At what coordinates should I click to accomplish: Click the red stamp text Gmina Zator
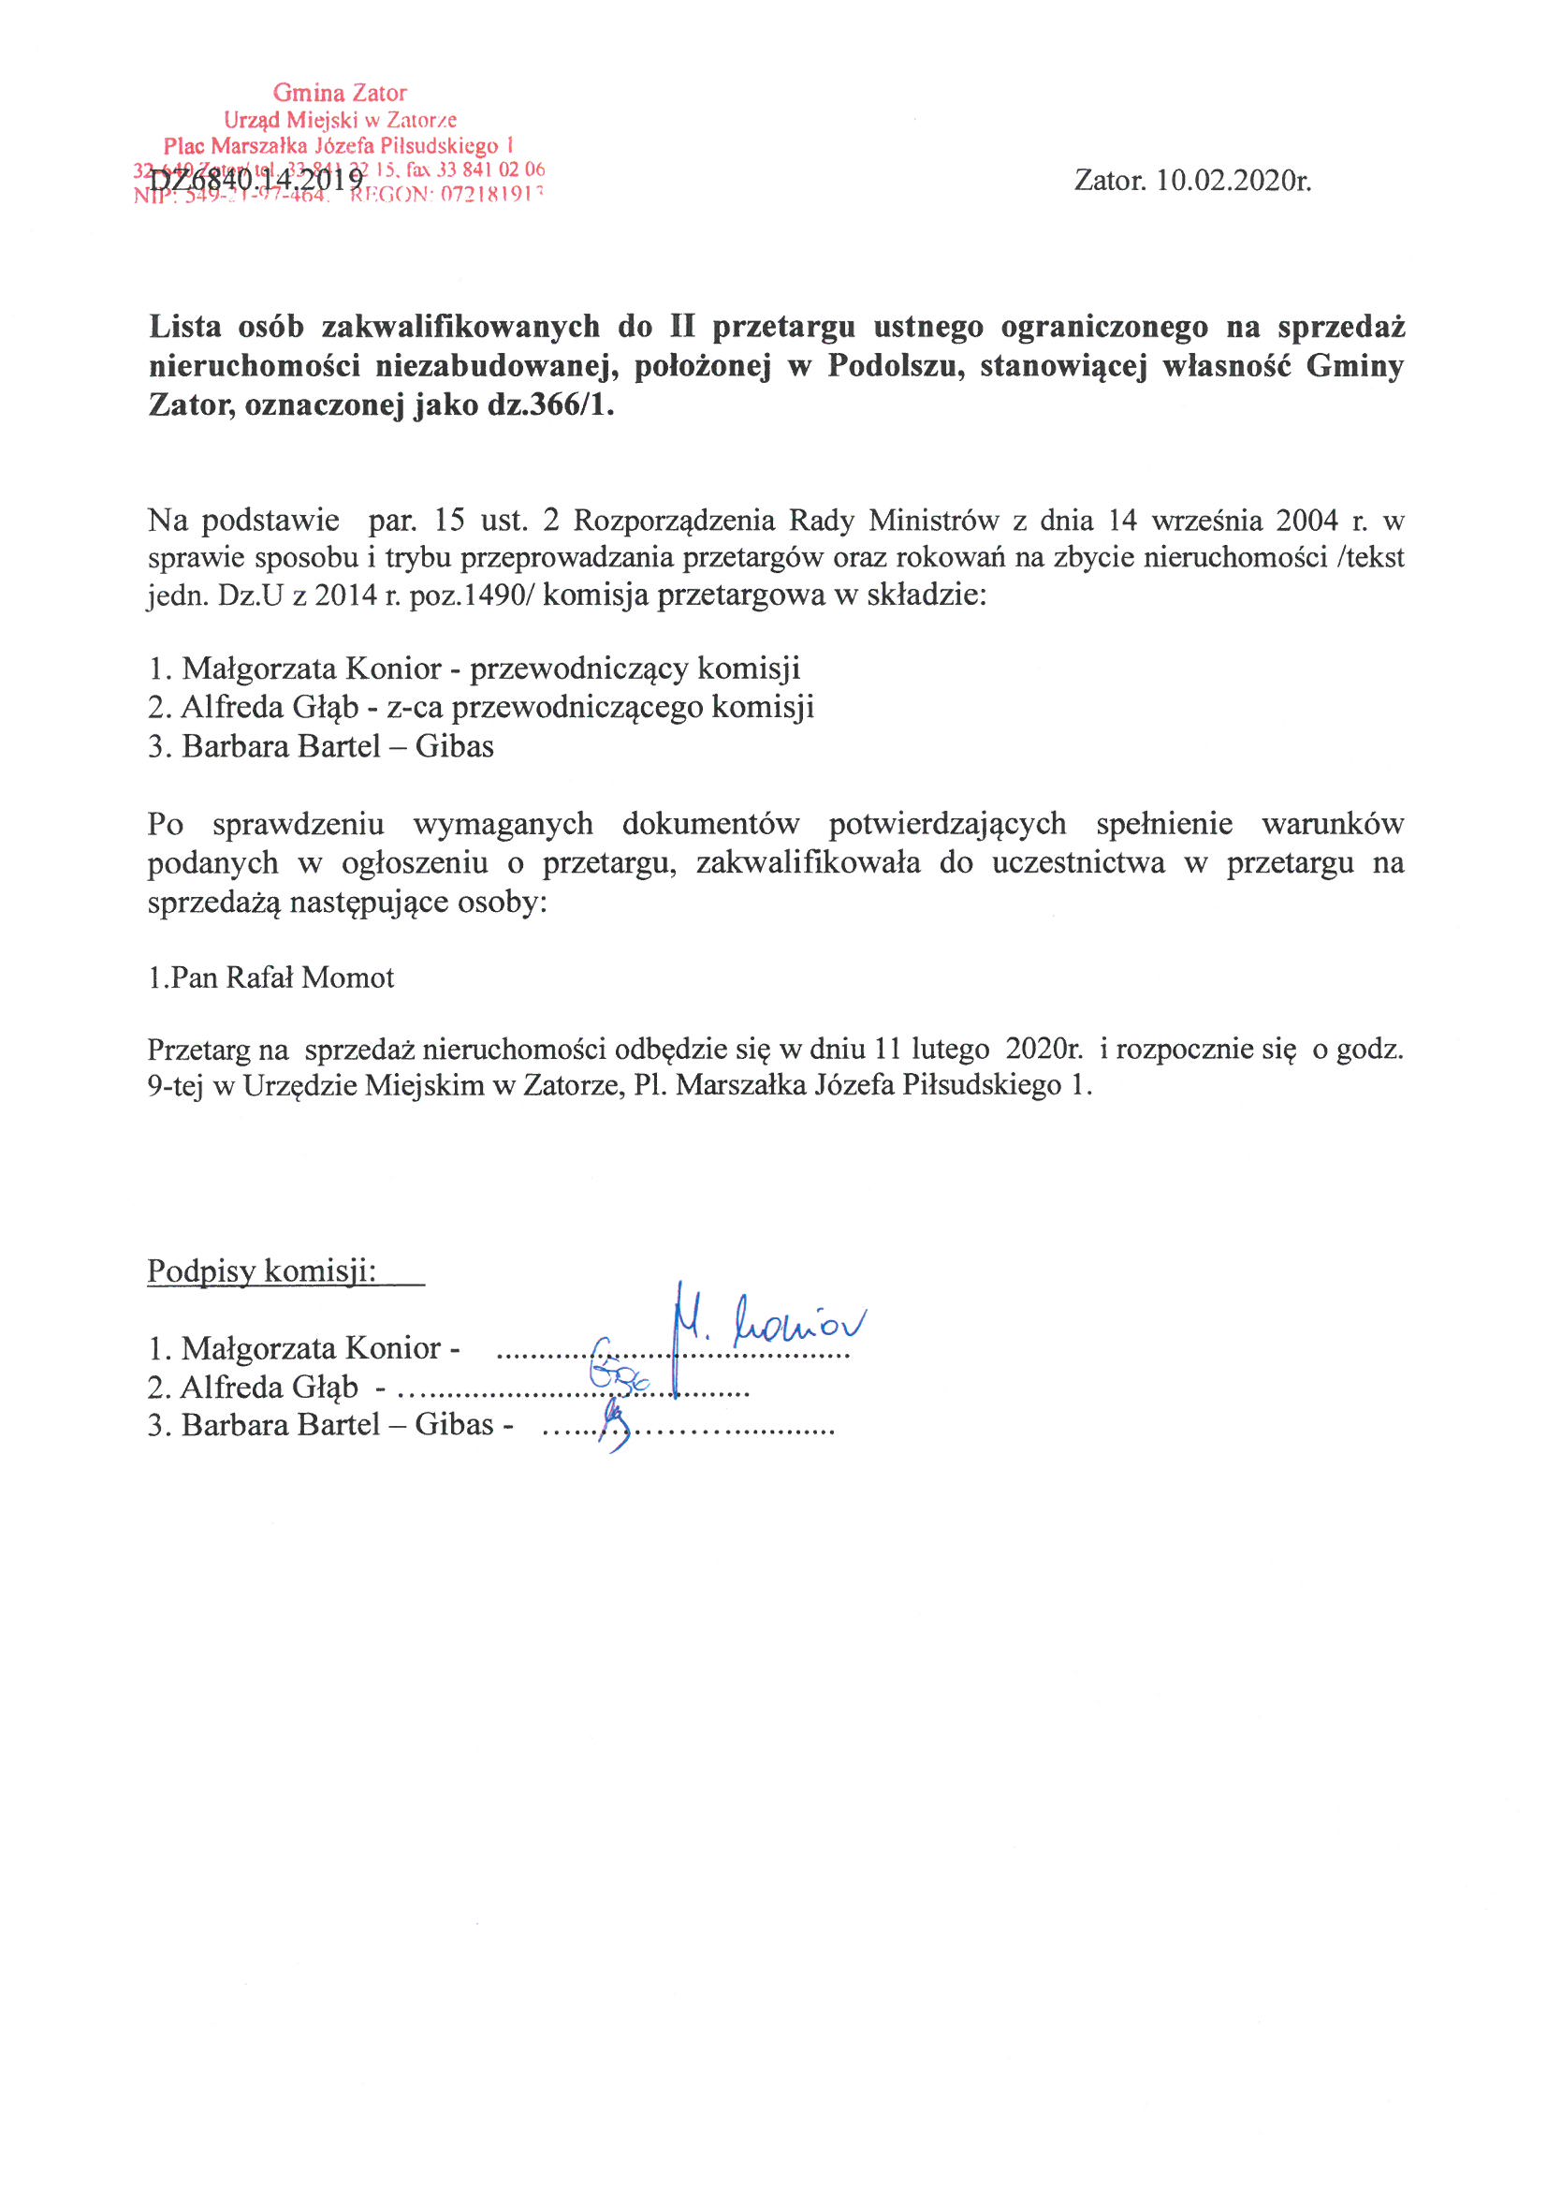tap(340, 94)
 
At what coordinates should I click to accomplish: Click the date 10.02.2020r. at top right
tap(1233, 180)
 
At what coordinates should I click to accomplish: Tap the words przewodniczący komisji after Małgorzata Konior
tap(635, 668)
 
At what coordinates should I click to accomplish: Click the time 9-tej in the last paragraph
tap(175, 1086)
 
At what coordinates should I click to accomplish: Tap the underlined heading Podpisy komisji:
tap(262, 1271)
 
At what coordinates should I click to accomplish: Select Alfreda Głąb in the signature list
tap(269, 1388)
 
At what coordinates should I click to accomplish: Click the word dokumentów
tap(710, 824)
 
